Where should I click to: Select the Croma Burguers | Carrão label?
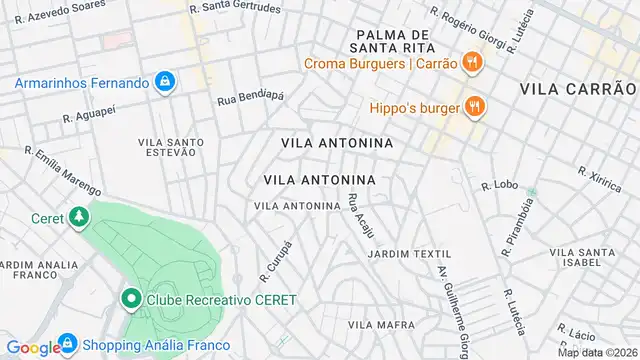click(381, 64)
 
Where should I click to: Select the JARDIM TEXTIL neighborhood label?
click(409, 254)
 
